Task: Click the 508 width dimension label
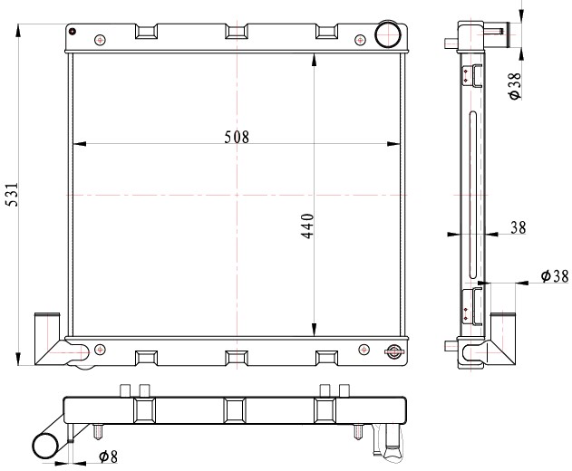pos(237,137)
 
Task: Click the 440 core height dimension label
pos(307,226)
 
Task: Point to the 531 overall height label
pos(12,194)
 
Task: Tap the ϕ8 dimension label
pos(109,456)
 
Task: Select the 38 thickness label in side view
pos(518,228)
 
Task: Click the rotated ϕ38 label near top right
pos(515,86)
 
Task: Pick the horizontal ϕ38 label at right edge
pos(555,276)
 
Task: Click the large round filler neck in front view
pos(388,34)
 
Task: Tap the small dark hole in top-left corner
pos(73,31)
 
